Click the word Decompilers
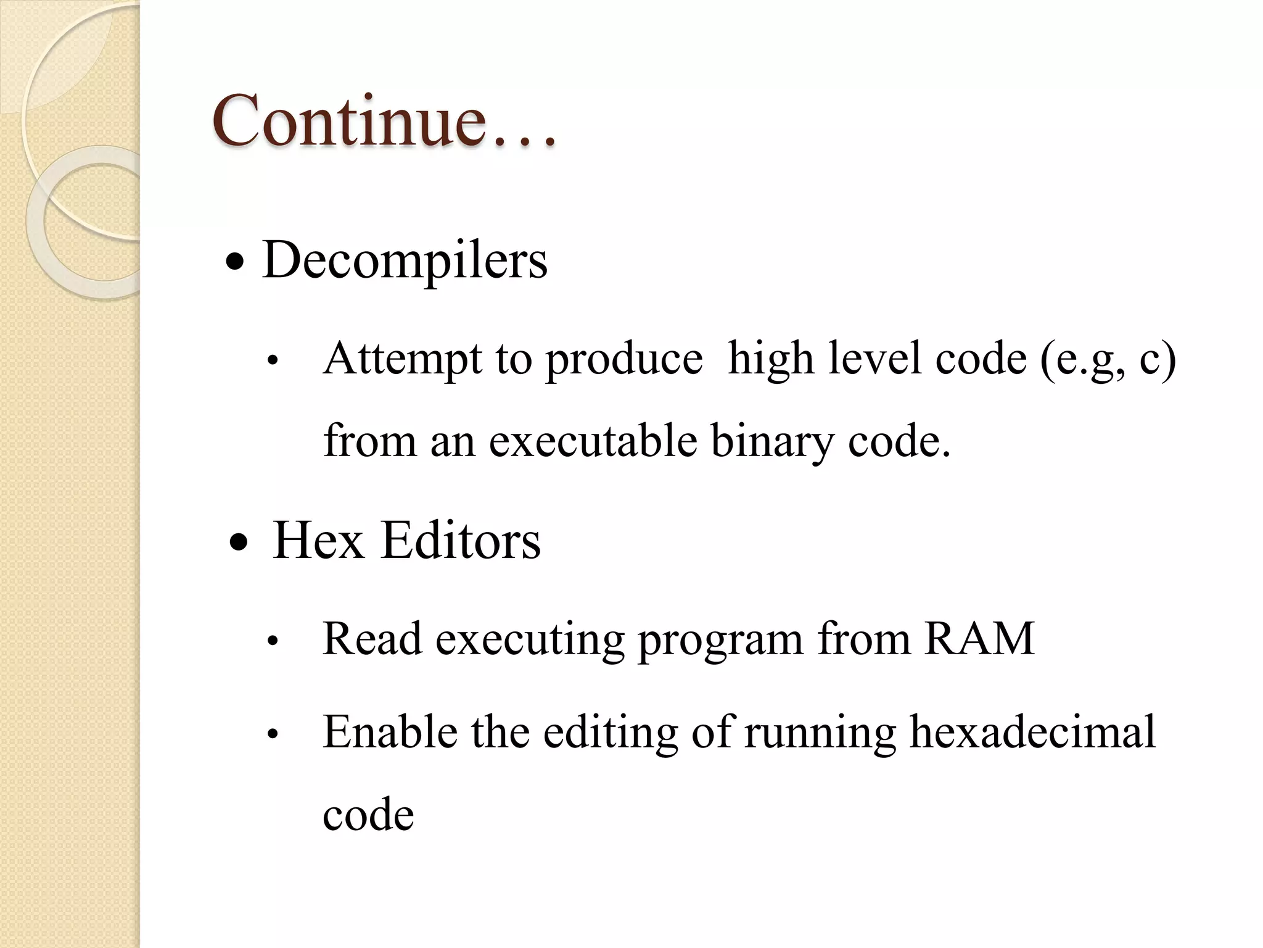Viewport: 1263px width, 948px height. point(405,260)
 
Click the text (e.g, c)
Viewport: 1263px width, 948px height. point(1108,359)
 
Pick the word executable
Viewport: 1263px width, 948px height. point(593,441)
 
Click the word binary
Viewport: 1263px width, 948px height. point(771,441)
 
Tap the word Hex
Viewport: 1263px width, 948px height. point(318,541)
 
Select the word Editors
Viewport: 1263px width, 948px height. point(461,541)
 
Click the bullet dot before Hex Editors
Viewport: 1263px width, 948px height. point(238,544)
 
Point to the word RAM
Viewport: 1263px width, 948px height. point(979,639)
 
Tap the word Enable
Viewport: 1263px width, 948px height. point(390,732)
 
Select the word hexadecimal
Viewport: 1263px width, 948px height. point(1032,732)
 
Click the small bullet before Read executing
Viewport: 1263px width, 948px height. point(273,642)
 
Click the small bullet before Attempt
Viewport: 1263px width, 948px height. point(273,362)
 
